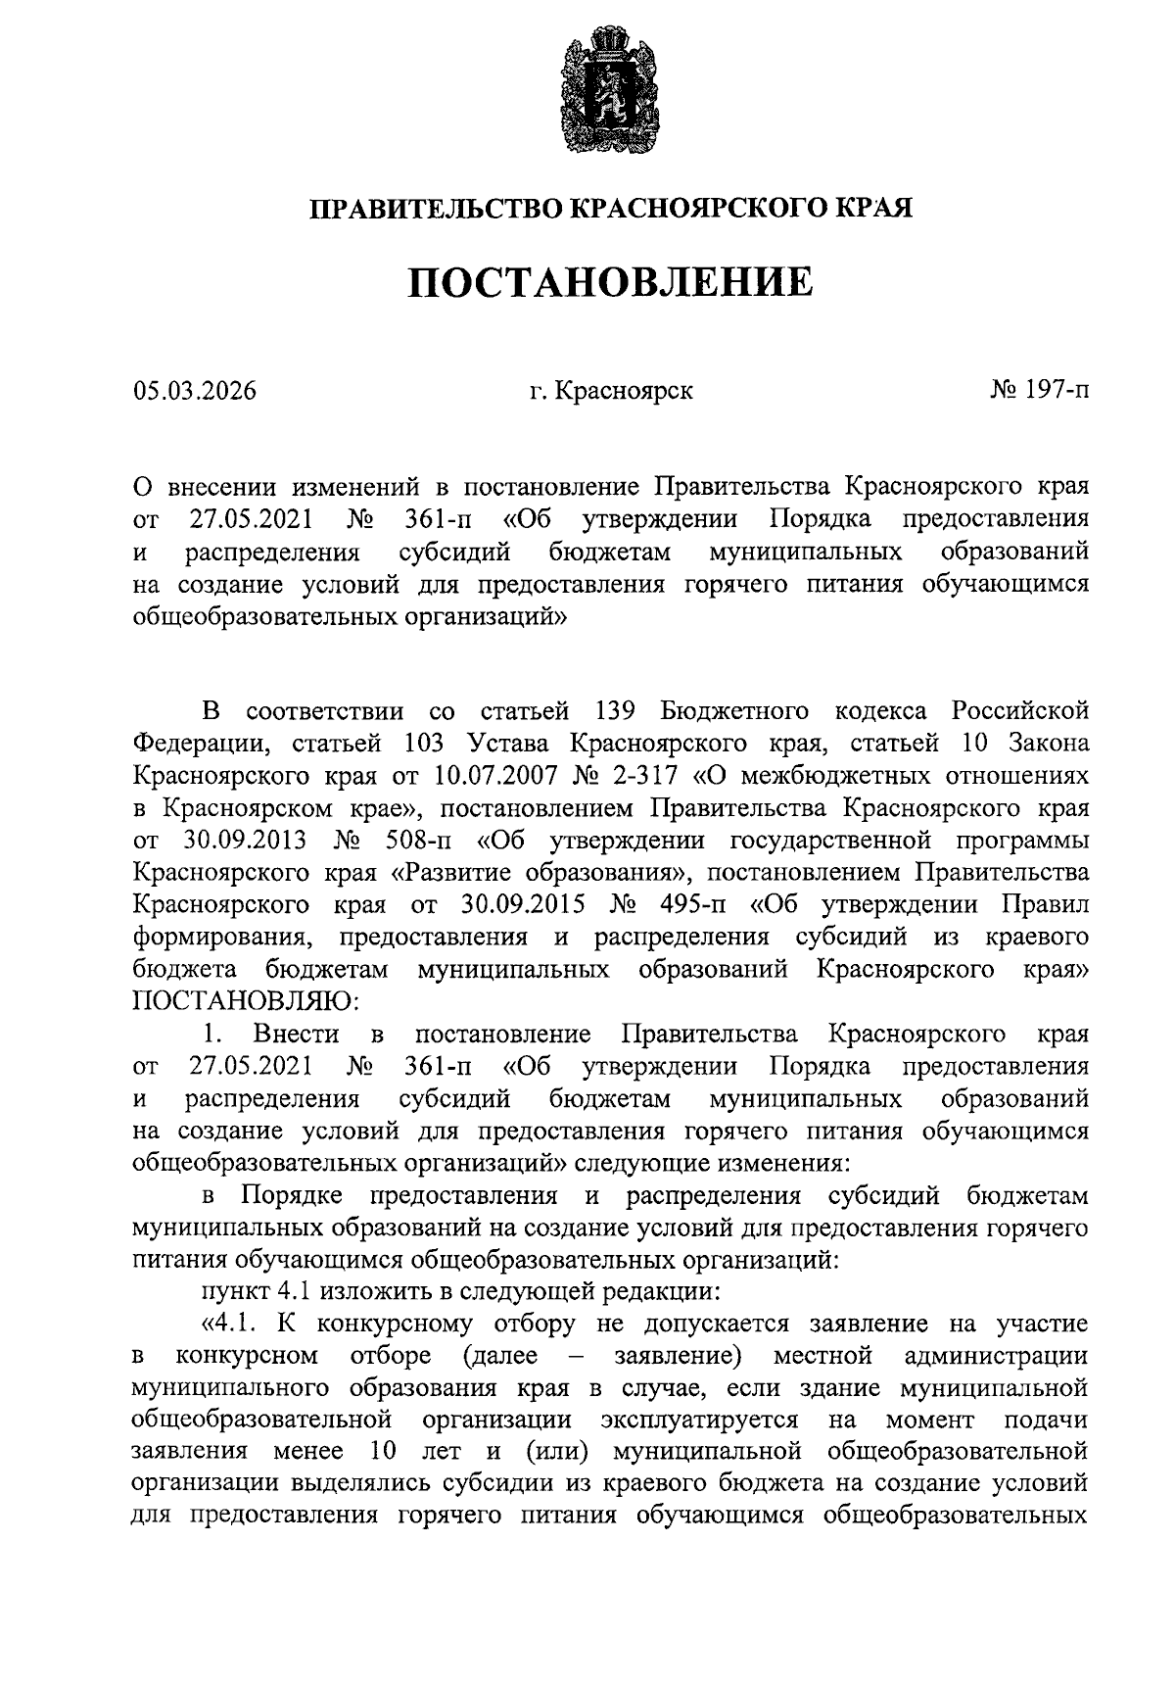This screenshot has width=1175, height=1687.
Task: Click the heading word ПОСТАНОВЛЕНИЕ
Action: point(610,284)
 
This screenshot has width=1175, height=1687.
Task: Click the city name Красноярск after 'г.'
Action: point(623,391)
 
